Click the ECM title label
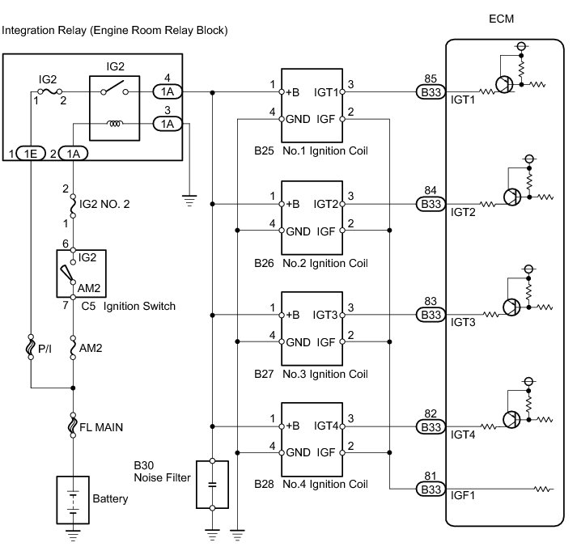501,19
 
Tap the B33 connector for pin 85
431,92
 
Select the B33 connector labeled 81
431,490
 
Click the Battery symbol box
73,500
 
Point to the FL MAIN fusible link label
101,427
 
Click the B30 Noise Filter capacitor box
212,485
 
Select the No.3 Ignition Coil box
312,328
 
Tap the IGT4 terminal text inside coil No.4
325,426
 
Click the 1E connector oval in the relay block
31,154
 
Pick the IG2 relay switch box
114,108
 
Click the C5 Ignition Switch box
81,273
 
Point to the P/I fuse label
45,349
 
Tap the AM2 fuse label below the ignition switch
91,348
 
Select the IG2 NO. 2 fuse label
104,204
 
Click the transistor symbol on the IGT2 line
512,197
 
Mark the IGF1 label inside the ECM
463,495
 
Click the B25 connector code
264,150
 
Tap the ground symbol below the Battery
73,536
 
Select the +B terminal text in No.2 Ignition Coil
293,204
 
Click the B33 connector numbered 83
431,315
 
